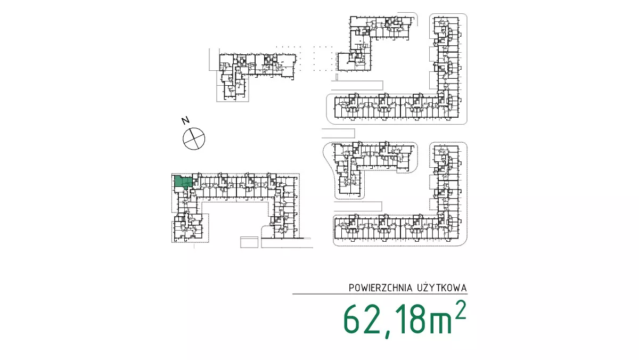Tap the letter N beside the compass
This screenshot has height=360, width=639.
click(x=186, y=121)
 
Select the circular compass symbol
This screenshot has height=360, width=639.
click(x=194, y=138)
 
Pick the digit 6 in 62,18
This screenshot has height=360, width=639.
click(x=351, y=319)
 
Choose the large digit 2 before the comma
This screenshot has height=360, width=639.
click(x=372, y=319)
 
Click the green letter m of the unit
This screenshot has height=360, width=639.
click(x=441, y=323)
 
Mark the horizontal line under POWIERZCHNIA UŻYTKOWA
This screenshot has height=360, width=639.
click(x=380, y=294)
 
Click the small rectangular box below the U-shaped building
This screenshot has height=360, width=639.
click(x=249, y=242)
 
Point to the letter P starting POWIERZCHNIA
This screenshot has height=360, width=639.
click(x=351, y=288)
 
